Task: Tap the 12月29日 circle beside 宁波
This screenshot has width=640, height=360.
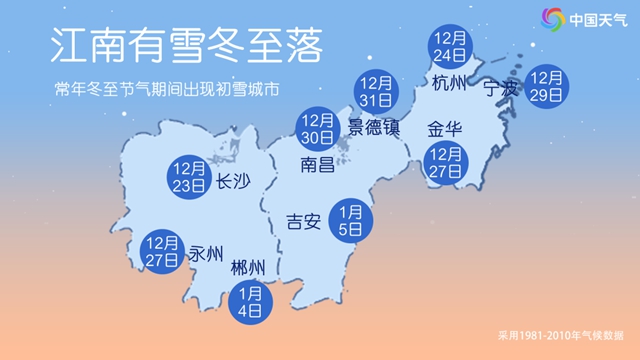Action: (547, 87)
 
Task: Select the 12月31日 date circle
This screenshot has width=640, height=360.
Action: (376, 92)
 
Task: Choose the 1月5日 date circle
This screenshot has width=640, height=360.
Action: (350, 218)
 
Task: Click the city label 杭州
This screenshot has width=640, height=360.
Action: (450, 84)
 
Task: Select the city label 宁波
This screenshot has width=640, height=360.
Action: (502, 89)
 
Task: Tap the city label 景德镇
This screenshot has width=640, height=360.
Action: (373, 127)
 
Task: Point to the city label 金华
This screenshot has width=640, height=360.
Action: (445, 129)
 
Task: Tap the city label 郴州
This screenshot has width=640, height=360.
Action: (247, 268)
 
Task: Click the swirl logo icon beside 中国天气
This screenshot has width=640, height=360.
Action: (553, 19)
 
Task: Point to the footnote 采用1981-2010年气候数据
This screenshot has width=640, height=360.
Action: (561, 336)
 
